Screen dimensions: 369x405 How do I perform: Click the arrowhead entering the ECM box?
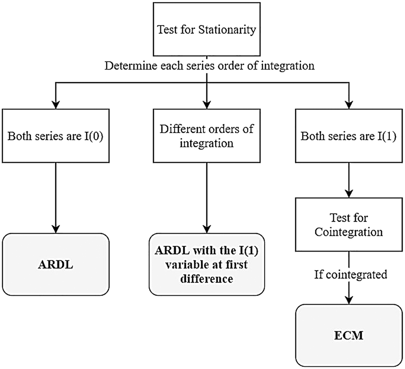[x=348, y=301]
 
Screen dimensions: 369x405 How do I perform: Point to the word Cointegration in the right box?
[x=348, y=233]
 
